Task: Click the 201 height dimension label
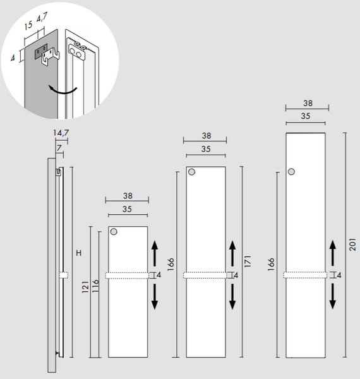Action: tap(352, 244)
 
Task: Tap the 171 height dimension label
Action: tap(248, 261)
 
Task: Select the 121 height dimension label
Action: tap(85, 287)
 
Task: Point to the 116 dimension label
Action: tap(95, 286)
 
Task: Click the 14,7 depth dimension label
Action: tap(61, 133)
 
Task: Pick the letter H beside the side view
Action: tap(79, 253)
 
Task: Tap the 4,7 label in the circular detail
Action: tap(42, 18)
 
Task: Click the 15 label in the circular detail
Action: tap(28, 25)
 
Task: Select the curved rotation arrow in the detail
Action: tap(63, 90)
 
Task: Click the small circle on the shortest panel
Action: tap(114, 232)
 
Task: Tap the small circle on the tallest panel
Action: tap(291, 172)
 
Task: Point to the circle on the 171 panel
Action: tap(191, 172)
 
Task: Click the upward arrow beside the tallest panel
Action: tap(333, 253)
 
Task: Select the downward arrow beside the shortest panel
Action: tap(155, 297)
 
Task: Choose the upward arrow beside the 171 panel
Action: tap(232, 253)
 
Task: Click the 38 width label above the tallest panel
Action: tap(308, 103)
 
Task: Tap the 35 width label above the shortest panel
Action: tap(127, 209)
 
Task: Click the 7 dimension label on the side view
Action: tap(59, 148)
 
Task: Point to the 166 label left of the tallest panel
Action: tap(271, 264)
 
